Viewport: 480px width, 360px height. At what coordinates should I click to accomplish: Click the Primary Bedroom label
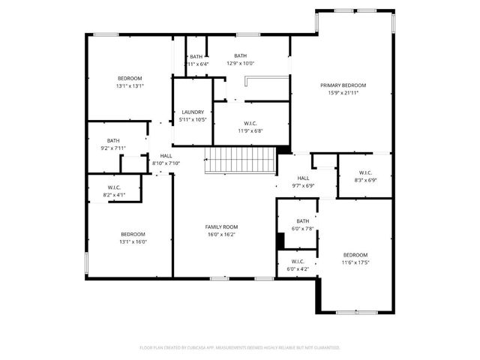(x=343, y=85)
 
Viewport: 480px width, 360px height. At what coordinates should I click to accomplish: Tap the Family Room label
(x=221, y=226)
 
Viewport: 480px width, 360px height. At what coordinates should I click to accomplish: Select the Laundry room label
(x=193, y=112)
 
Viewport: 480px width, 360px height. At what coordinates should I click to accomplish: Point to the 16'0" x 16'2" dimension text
(x=221, y=234)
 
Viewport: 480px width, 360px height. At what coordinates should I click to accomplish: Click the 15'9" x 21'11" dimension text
(x=343, y=93)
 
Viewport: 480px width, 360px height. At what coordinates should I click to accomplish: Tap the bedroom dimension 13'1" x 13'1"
(x=130, y=86)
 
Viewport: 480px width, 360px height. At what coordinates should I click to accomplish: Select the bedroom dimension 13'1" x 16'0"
(x=133, y=241)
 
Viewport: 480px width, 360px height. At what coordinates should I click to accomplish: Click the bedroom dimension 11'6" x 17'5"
(x=355, y=262)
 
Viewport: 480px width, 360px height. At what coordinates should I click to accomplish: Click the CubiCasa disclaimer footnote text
(x=240, y=348)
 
